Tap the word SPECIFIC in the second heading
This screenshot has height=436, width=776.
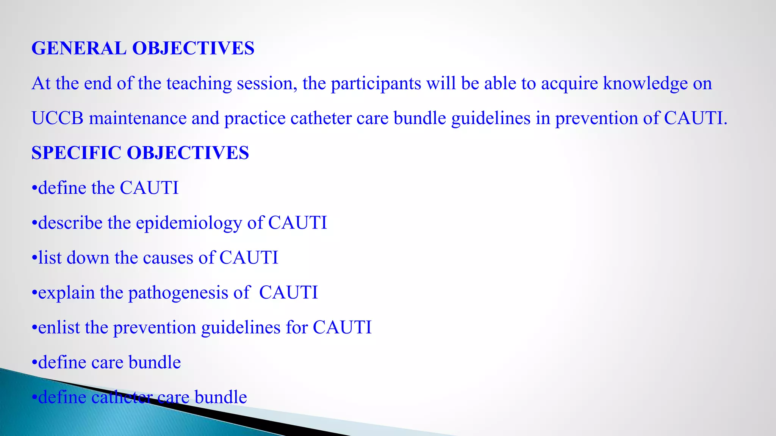[76, 153]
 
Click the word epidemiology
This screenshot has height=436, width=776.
[189, 223]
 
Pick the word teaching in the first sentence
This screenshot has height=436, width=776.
[199, 84]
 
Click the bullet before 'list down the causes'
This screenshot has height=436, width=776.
[34, 258]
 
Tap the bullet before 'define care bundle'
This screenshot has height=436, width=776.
[34, 363]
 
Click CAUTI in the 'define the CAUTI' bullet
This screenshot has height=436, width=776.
[149, 188]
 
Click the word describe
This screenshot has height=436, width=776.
[70, 223]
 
